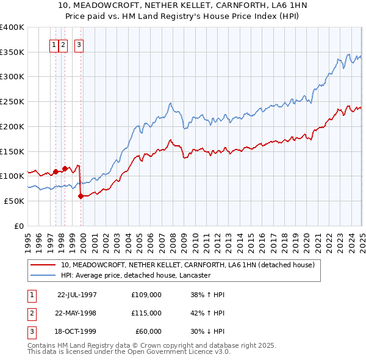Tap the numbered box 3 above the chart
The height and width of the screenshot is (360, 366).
(x=79, y=44)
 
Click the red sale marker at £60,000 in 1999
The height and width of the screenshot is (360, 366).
(x=81, y=196)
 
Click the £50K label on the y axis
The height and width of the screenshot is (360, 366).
(x=15, y=201)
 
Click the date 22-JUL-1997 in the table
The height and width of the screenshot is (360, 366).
(x=77, y=295)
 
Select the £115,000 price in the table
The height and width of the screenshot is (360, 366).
(x=146, y=313)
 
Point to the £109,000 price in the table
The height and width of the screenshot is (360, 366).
(x=146, y=295)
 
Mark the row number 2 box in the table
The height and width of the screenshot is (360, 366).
(x=31, y=313)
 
